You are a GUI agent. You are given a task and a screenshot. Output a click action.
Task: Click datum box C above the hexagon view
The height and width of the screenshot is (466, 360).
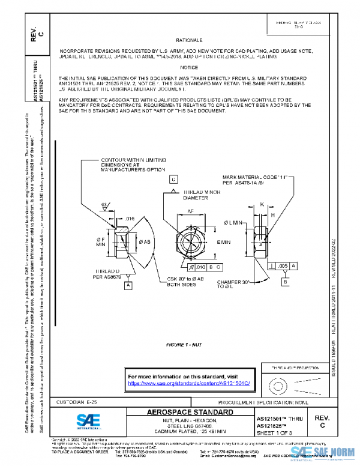[173, 180]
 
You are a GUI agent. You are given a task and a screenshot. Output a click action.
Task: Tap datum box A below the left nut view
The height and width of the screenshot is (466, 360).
[128, 286]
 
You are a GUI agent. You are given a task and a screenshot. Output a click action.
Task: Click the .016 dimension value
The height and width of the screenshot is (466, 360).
[129, 219]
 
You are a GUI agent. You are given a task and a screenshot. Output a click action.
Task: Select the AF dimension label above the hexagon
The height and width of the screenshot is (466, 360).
[189, 211]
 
